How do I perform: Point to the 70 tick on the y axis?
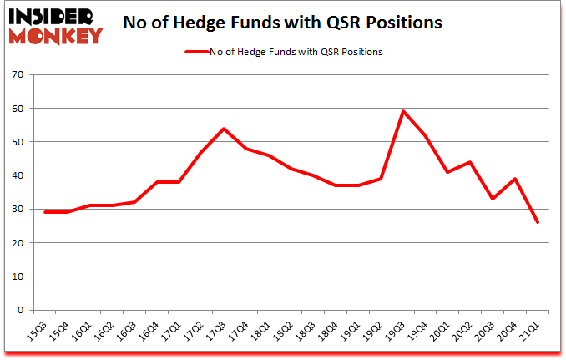(17, 75)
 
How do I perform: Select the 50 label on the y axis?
(17, 142)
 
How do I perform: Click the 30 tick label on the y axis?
(17, 210)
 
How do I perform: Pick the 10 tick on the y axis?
(17, 276)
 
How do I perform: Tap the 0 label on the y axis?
(19, 310)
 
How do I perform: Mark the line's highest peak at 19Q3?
(404, 111)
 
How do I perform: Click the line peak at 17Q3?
(224, 129)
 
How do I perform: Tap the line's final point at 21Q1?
(538, 222)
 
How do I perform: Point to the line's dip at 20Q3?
(493, 199)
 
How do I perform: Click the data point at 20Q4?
(516, 179)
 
